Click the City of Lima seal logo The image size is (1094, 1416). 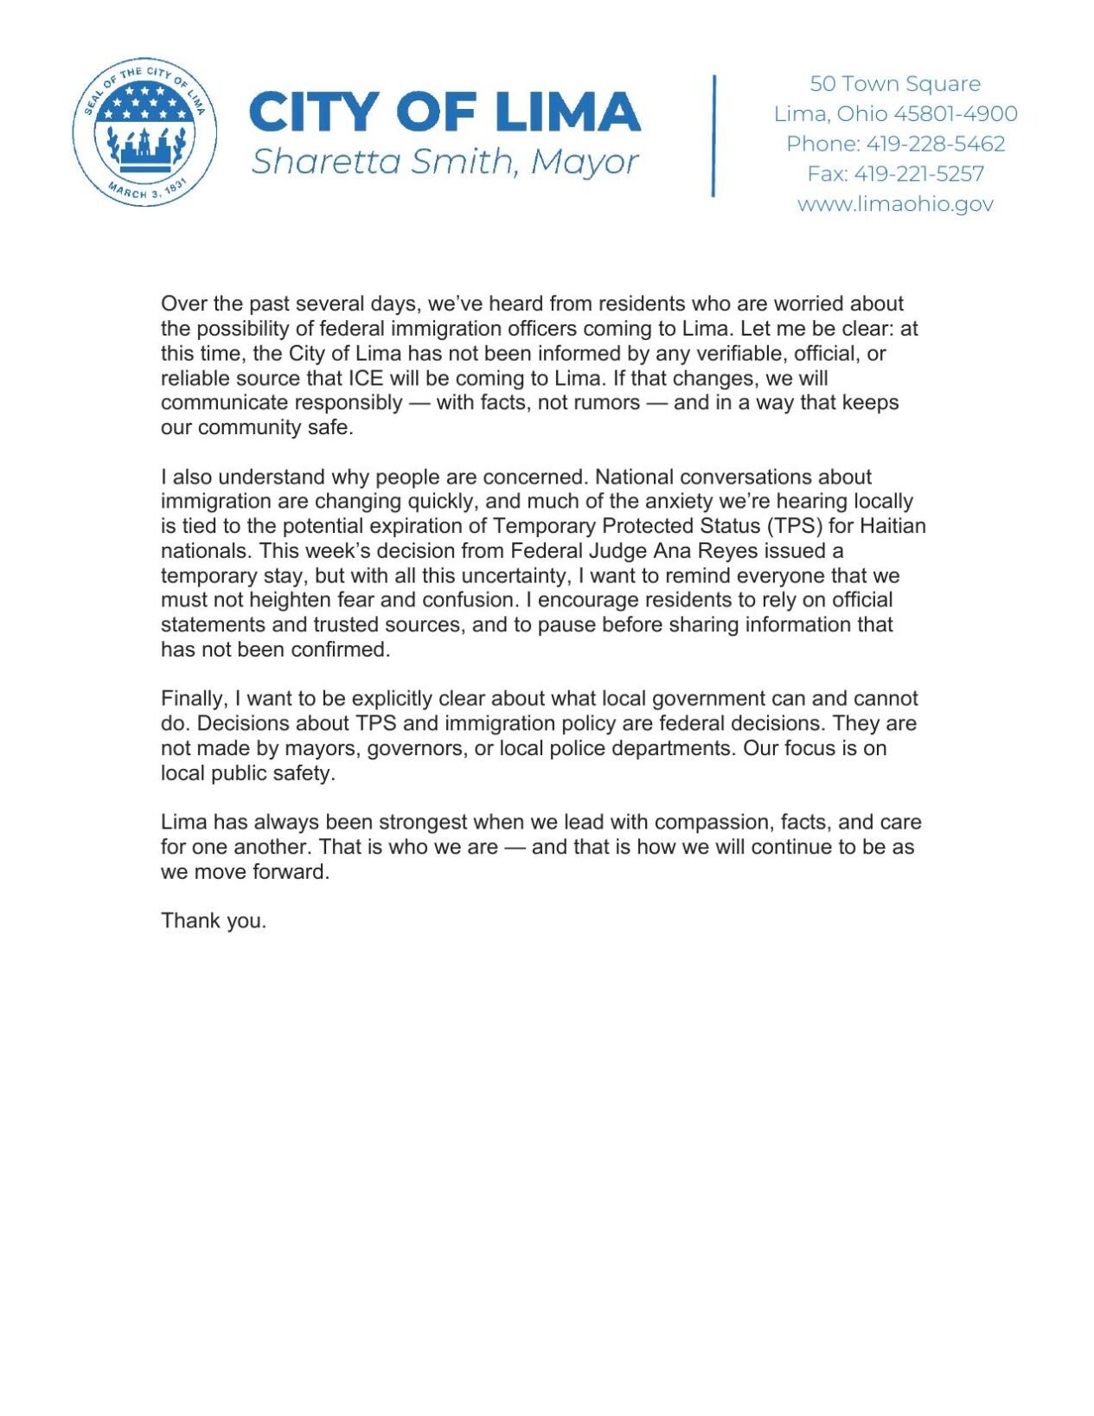click(x=144, y=132)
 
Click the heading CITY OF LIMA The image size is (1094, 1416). click(x=445, y=112)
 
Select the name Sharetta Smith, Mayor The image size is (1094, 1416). click(x=445, y=162)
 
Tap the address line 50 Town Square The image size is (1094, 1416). click(x=894, y=84)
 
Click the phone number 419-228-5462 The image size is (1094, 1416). click(x=935, y=144)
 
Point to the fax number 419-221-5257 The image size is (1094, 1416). click(x=918, y=174)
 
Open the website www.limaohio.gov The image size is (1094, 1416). click(x=894, y=204)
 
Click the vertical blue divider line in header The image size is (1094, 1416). click(x=713, y=136)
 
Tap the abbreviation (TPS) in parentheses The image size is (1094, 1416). click(x=794, y=526)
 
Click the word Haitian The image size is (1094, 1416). click(x=892, y=526)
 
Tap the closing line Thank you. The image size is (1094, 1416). click(x=213, y=920)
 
